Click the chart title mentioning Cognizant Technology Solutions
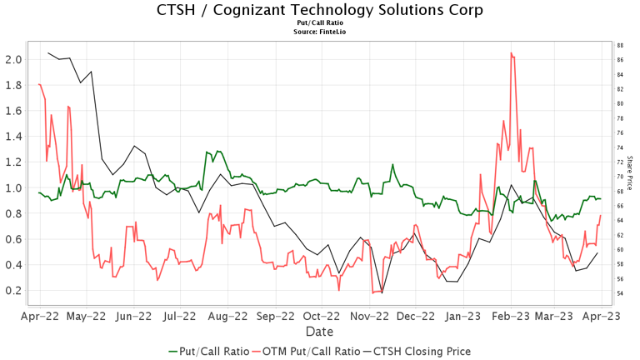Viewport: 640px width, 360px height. pyautogui.click(x=320, y=10)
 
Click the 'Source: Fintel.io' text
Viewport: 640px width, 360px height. pyautogui.click(x=320, y=32)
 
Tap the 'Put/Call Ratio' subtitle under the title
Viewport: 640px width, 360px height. pyautogui.click(x=320, y=24)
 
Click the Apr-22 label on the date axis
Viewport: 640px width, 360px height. pyautogui.click(x=39, y=317)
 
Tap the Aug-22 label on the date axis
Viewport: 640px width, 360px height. pyautogui.click(x=227, y=317)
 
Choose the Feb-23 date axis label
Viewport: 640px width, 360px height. pyautogui.click(x=510, y=317)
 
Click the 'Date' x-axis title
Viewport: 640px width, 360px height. pyautogui.click(x=320, y=332)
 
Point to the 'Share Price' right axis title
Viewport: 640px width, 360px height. pyautogui.click(x=630, y=175)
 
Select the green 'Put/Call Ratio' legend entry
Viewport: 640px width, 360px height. pyautogui.click(x=208, y=351)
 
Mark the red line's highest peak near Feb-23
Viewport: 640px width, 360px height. pyautogui.click(x=511, y=53)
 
